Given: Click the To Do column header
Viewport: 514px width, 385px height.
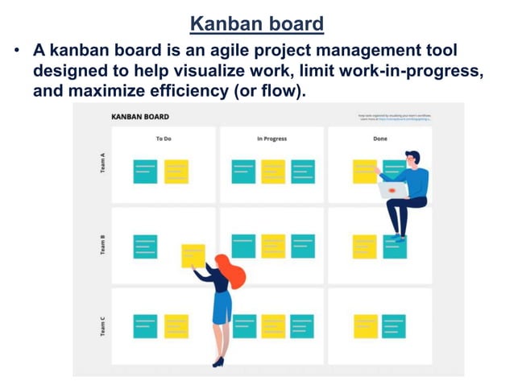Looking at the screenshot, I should click(164, 139).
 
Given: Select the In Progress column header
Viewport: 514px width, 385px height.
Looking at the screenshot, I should click(272, 139).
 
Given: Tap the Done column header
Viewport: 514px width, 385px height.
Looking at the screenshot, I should click(379, 139).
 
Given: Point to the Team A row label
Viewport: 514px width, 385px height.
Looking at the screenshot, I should click(102, 165).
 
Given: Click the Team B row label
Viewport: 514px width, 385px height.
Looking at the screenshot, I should click(102, 246).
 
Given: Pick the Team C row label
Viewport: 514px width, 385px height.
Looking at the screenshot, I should click(102, 326).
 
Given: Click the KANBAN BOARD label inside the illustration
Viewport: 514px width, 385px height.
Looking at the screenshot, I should click(140, 117).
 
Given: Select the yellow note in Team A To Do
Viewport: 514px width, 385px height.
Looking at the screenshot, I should click(176, 171).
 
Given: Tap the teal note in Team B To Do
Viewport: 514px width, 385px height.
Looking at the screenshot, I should click(145, 246).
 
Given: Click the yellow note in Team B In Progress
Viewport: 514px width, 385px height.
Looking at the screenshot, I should click(273, 246).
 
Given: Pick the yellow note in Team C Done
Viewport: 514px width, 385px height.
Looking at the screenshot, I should click(366, 326).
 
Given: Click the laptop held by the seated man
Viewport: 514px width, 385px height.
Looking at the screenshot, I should click(392, 190).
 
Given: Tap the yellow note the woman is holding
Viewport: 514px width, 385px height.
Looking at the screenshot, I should click(193, 255).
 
